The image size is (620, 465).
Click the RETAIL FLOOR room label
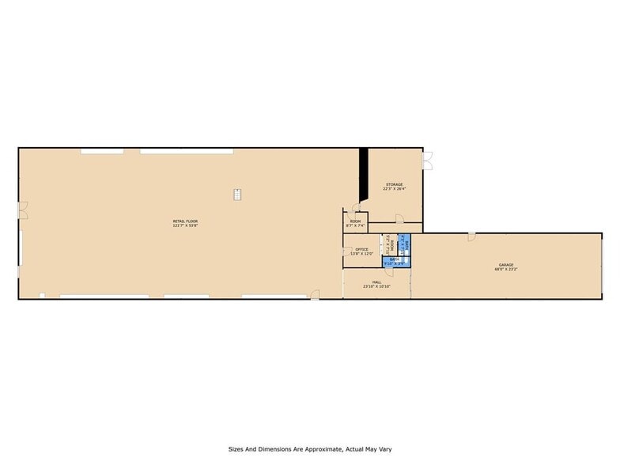pos(185,221)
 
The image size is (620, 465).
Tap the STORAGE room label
pos(394,184)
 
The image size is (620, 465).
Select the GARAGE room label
pos(506,265)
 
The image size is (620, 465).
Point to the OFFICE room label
pos(361,249)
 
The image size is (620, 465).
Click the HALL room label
pos(377,282)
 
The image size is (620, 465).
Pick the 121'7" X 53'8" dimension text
pos(185,225)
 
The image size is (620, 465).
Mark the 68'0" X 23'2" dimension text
pos(506,270)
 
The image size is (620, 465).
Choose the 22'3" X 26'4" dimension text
pos(394,189)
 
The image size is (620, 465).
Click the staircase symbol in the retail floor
pos(236,194)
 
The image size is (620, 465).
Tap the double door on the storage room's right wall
pos(427,162)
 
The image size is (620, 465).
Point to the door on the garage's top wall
pos(471,236)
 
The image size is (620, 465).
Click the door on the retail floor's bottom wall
pos(314,295)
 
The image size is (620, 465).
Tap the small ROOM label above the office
pos(356,221)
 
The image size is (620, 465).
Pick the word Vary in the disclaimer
pos(384,449)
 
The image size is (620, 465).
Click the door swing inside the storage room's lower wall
pos(399,218)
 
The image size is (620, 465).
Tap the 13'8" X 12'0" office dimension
pos(361,254)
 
